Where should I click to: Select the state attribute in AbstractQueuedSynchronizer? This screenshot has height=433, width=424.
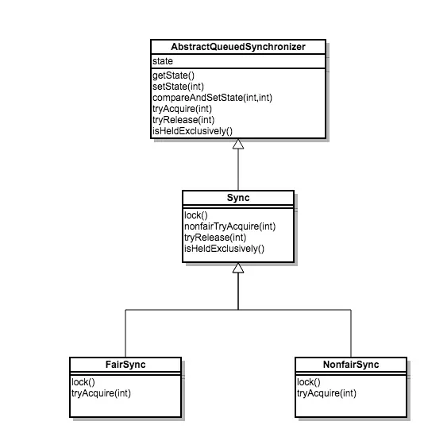tap(161, 60)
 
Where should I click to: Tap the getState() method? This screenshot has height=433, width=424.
tap(172, 74)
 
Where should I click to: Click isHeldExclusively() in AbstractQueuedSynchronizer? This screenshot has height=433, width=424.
tap(191, 130)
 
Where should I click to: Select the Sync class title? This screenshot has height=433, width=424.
tap(237, 197)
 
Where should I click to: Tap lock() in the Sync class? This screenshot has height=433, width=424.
tap(195, 215)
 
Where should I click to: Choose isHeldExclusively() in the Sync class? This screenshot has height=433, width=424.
tap(223, 249)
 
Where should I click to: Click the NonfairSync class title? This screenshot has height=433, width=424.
tap(350, 365)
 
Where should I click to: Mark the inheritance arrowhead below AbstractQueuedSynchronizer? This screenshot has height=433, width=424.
tap(237, 146)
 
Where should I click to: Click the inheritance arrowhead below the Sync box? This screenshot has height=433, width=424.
tap(237, 269)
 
